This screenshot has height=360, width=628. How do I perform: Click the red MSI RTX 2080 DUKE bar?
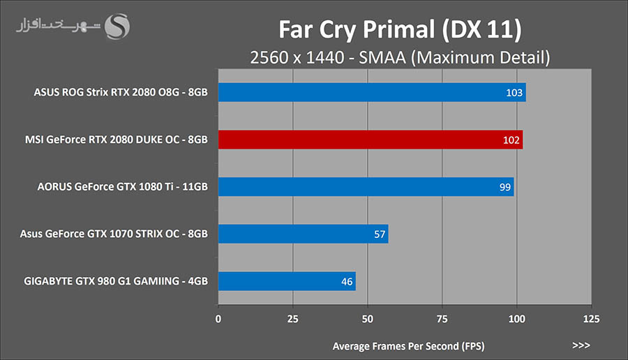370,140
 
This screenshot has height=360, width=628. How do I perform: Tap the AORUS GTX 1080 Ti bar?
366,186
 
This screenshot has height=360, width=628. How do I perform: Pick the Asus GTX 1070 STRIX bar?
303,234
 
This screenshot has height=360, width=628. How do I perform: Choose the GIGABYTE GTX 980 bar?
287,281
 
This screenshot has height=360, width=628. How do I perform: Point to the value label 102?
511,140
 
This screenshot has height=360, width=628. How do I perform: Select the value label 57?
380,234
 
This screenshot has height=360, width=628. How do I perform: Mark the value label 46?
347,282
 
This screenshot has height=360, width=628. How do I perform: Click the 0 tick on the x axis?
218,319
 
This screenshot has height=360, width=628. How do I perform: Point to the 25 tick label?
293,319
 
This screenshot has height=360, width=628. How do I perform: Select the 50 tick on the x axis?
368,319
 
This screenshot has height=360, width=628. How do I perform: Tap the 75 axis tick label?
442,319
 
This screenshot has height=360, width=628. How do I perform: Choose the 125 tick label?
590,319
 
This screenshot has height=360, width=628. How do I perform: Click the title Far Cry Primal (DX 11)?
400,30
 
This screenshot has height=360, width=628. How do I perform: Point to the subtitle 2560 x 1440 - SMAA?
400,57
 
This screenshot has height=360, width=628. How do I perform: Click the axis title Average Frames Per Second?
408,345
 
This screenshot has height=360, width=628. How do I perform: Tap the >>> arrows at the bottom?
581,345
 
